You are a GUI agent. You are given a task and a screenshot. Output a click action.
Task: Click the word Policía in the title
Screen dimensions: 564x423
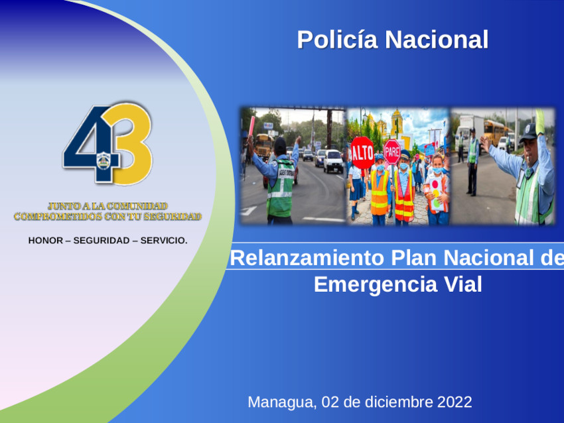pos(337,40)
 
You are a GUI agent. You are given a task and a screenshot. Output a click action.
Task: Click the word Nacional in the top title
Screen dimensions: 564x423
pos(437,40)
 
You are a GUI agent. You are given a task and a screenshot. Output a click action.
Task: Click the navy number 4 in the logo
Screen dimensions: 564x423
pos(91,144)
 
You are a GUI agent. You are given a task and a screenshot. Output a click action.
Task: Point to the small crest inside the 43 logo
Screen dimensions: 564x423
pos(104,160)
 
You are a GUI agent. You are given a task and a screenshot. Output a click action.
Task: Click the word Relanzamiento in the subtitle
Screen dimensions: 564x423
pos(307,258)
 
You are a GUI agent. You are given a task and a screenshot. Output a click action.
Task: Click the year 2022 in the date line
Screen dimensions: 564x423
pos(455,402)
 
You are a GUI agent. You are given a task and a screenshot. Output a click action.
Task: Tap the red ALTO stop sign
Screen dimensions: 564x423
pos(362,152)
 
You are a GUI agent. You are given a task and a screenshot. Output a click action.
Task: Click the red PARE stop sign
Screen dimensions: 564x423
pos(391,152)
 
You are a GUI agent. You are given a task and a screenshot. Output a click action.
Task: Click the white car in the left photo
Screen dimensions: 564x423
pos(333,161)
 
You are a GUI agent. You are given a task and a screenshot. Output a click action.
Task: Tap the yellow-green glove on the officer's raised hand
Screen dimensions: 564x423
pos(540,122)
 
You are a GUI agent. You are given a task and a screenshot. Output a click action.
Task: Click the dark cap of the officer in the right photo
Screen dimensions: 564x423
pos(528,132)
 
